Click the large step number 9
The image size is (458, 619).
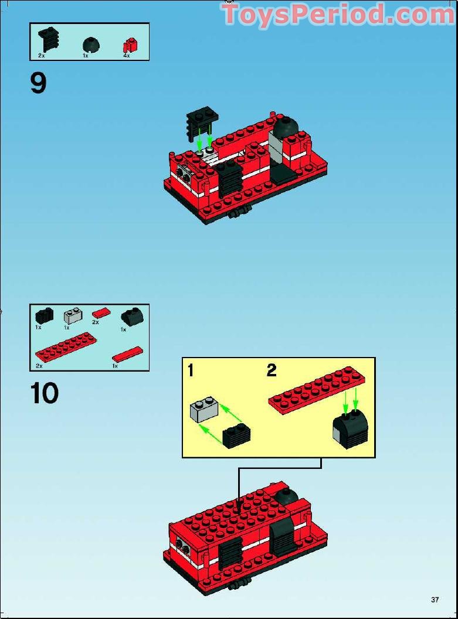pos(38,84)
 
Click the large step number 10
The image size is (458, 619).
pos(45,393)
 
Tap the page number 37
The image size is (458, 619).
pos(435,600)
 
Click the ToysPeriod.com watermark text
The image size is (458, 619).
pos(338,15)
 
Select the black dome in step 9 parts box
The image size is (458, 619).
pos(90,44)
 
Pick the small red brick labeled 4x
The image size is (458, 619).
pos(129,45)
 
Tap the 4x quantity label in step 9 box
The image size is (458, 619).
pos(126,56)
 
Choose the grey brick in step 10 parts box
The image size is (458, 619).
pos(73,317)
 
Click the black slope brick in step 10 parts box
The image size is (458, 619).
pos(131,317)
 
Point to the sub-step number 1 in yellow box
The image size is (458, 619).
pos(191,370)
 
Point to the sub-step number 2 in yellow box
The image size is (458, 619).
pos(272,370)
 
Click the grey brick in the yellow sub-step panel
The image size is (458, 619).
pos(203,411)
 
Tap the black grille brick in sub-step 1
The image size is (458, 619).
pos(237,436)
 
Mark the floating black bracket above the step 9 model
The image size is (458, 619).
pos(202,122)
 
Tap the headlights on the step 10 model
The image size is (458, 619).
pos(183,548)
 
